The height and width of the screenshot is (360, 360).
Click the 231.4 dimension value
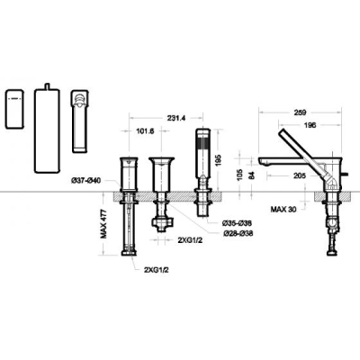(x=176, y=118)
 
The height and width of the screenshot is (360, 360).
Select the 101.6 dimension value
(x=145, y=131)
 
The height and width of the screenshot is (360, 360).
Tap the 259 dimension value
(x=301, y=112)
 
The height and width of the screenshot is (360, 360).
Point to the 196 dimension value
(x=310, y=125)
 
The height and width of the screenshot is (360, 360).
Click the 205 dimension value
(x=300, y=175)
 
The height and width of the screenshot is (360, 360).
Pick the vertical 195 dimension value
(x=218, y=161)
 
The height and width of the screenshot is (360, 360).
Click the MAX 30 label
(x=283, y=209)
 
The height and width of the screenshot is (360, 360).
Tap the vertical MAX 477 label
(x=103, y=224)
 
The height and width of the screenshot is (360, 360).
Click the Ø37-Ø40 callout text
(x=85, y=180)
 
